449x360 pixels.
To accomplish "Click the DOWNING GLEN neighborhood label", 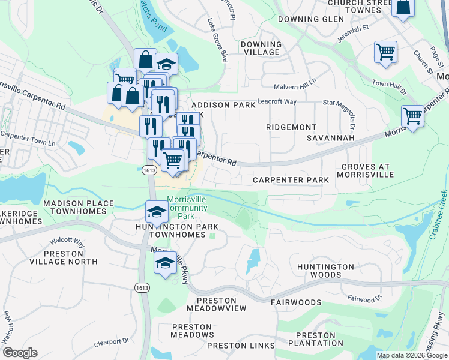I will click(311, 19).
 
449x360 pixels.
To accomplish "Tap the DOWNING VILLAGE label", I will click(261, 49).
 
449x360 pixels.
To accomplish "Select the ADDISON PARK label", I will click(223, 105).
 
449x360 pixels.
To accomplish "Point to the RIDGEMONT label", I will click(292, 127).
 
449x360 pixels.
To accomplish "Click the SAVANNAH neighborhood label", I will click(330, 138).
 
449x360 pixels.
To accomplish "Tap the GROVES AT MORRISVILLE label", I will click(367, 170).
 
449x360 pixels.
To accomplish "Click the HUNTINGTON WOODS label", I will click(326, 271).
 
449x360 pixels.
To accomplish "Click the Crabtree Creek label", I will click(438, 215).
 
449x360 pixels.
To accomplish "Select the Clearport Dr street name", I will click(112, 343).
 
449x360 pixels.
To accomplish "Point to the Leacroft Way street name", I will click(277, 101).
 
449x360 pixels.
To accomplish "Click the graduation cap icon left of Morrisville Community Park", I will click(156, 212).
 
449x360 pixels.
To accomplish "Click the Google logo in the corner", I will click(20, 353).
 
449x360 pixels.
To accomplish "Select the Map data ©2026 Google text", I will click(412, 355).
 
